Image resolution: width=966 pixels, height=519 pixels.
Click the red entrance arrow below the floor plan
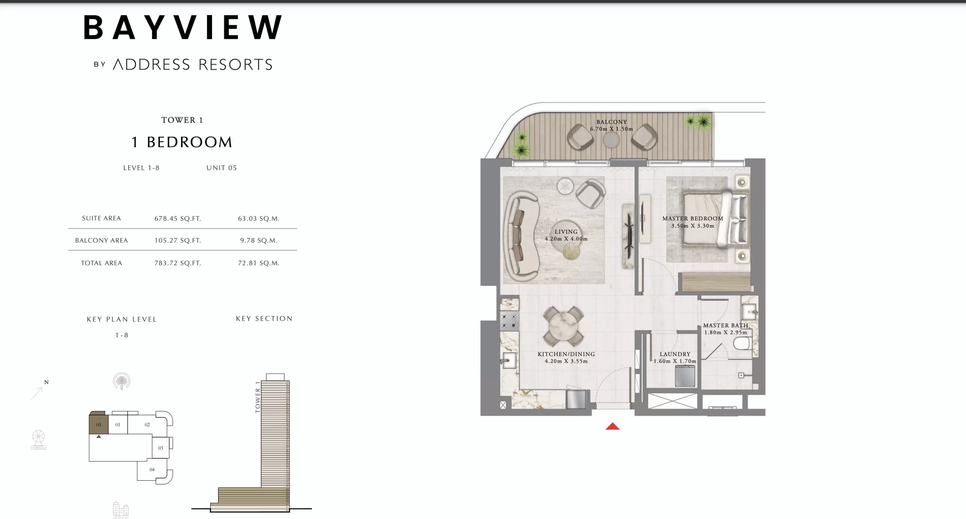click(x=612, y=426)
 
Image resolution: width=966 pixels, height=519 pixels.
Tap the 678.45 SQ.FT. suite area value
click(x=178, y=219)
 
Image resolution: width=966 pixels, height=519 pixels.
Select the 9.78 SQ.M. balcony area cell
click(x=259, y=240)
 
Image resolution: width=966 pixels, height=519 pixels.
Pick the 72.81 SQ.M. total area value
click(x=259, y=263)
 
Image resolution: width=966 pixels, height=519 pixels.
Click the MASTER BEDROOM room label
click(x=693, y=219)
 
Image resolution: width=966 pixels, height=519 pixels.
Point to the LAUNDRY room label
click(x=675, y=354)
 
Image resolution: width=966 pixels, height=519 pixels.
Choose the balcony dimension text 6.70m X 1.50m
click(x=612, y=129)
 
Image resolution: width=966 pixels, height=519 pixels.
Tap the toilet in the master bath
click(x=741, y=343)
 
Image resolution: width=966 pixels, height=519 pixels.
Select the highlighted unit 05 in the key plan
click(x=98, y=424)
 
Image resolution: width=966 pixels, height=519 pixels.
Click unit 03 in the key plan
click(x=161, y=448)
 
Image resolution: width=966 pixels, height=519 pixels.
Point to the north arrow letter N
click(x=46, y=382)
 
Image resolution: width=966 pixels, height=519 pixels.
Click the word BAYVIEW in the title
click(x=183, y=28)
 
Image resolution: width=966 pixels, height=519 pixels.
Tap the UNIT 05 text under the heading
click(x=222, y=168)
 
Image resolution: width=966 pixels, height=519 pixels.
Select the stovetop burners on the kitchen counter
click(x=509, y=321)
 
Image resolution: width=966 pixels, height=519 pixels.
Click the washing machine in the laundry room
click(x=685, y=376)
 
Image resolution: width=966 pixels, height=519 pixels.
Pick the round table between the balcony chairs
click(x=611, y=141)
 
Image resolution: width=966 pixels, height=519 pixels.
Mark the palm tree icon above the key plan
click(x=122, y=381)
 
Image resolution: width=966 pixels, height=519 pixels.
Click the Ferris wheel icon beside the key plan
click(x=38, y=439)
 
